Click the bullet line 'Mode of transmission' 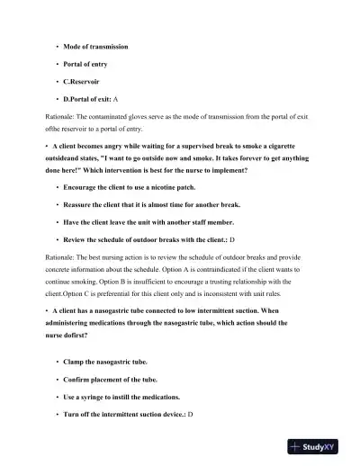click(95, 46)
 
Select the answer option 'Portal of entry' click(88, 64)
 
